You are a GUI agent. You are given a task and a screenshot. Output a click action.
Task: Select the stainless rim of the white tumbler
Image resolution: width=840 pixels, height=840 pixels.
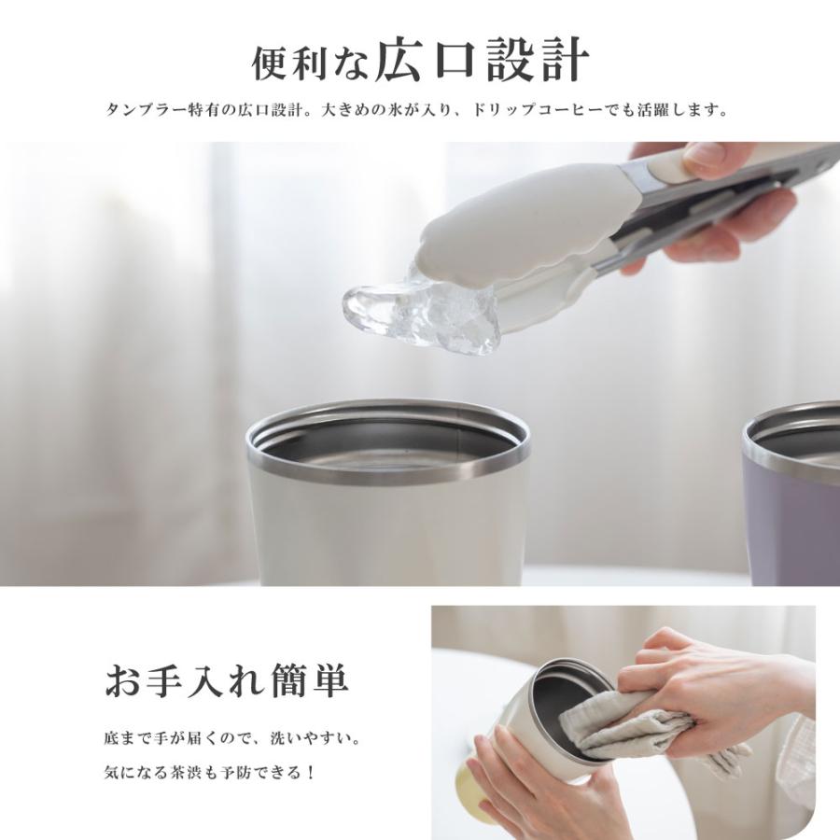(x=386, y=467)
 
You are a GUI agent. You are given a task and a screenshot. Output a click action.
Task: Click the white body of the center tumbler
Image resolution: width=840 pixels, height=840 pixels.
(x=383, y=532)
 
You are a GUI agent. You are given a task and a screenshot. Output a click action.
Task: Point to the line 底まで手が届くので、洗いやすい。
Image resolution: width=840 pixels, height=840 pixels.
(x=231, y=738)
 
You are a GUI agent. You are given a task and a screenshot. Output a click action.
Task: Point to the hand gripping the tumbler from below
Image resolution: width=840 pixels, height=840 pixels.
(x=541, y=784)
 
